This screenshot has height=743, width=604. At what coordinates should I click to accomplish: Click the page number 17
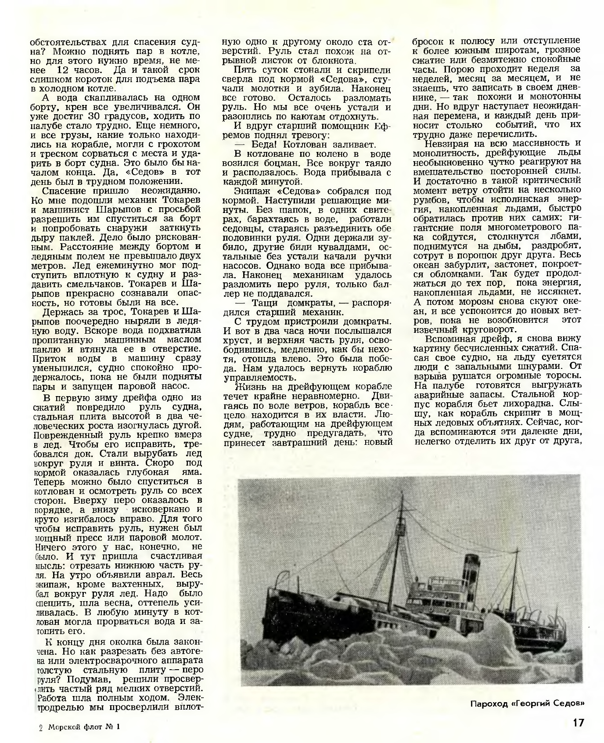[578, 722]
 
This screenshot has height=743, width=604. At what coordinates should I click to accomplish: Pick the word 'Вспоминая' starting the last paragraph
[447, 339]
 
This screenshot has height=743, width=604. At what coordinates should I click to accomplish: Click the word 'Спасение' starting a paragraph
[65, 190]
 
